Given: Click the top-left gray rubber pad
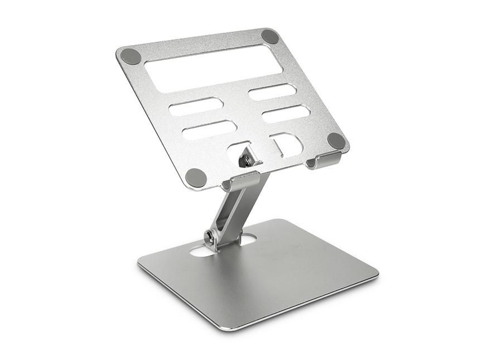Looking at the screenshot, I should [x=131, y=56].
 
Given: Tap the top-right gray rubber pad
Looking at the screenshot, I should [x=270, y=36].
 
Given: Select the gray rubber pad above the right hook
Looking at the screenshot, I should [x=336, y=140].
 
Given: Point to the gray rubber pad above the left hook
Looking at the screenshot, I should [x=196, y=177].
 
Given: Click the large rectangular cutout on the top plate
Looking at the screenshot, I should [x=213, y=68].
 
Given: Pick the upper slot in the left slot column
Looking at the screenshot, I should [x=196, y=106].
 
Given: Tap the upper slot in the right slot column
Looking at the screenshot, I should [x=272, y=92].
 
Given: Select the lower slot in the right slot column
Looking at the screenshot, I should [x=286, y=114].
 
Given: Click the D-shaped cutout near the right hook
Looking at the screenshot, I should [x=287, y=144].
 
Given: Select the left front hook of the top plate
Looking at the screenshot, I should [x=240, y=181].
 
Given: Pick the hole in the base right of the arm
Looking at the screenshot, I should [x=247, y=239].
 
